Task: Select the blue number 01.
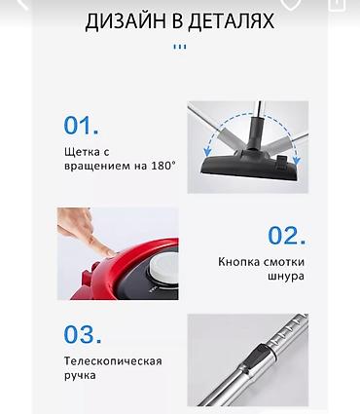pyautogui.click(x=82, y=126)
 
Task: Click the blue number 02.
pyautogui.click(x=287, y=236)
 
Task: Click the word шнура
pyautogui.click(x=284, y=277)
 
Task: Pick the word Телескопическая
pyautogui.click(x=113, y=360)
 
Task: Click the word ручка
pyautogui.click(x=83, y=377)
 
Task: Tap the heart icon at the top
pyautogui.click(x=289, y=3)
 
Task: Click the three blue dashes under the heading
pyautogui.click(x=179, y=46)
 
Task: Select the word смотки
pyautogui.click(x=283, y=260)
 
